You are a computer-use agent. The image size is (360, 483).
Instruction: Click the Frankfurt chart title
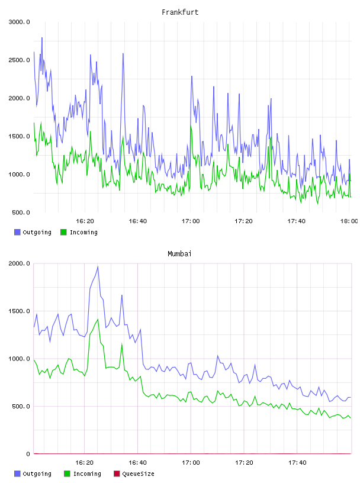(x=180, y=12)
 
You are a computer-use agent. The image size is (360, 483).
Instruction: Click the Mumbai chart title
(x=179, y=254)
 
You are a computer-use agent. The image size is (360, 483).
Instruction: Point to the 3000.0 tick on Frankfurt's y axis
(x=19, y=22)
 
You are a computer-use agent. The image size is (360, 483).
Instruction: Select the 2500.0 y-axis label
(x=19, y=60)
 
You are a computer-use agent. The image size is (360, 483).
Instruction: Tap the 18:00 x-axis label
(x=349, y=221)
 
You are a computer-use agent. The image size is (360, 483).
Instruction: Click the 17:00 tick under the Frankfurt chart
(x=191, y=221)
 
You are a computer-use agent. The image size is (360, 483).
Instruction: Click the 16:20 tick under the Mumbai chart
(x=84, y=463)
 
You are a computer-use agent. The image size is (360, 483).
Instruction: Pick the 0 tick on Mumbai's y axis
(x=28, y=454)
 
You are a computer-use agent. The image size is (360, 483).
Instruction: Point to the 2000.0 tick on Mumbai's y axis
(x=19, y=263)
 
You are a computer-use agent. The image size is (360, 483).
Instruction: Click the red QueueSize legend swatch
(x=117, y=474)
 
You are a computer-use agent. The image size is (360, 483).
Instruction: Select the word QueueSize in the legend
(x=138, y=474)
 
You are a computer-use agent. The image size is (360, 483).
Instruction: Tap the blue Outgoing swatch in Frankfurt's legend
(x=17, y=232)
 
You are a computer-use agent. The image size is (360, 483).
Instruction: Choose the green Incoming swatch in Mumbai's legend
(x=67, y=474)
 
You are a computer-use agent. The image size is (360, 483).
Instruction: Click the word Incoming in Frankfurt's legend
(x=83, y=233)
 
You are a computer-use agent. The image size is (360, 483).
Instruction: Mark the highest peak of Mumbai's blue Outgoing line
(x=98, y=267)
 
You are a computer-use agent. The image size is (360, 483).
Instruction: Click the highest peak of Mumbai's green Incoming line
(x=98, y=320)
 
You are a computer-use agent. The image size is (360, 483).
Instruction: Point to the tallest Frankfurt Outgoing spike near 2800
(x=42, y=38)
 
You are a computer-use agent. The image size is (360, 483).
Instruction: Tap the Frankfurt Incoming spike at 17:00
(x=191, y=125)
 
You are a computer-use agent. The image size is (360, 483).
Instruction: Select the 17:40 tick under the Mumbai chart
(x=297, y=463)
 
